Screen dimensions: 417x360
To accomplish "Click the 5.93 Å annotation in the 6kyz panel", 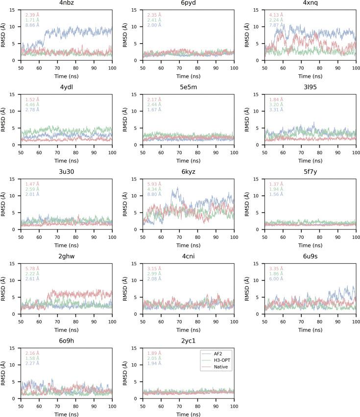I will (154, 184).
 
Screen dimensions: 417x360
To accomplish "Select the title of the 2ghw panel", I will (67, 256).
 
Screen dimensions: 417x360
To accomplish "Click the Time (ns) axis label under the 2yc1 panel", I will (189, 414).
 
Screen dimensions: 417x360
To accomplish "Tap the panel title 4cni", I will (189, 256).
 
